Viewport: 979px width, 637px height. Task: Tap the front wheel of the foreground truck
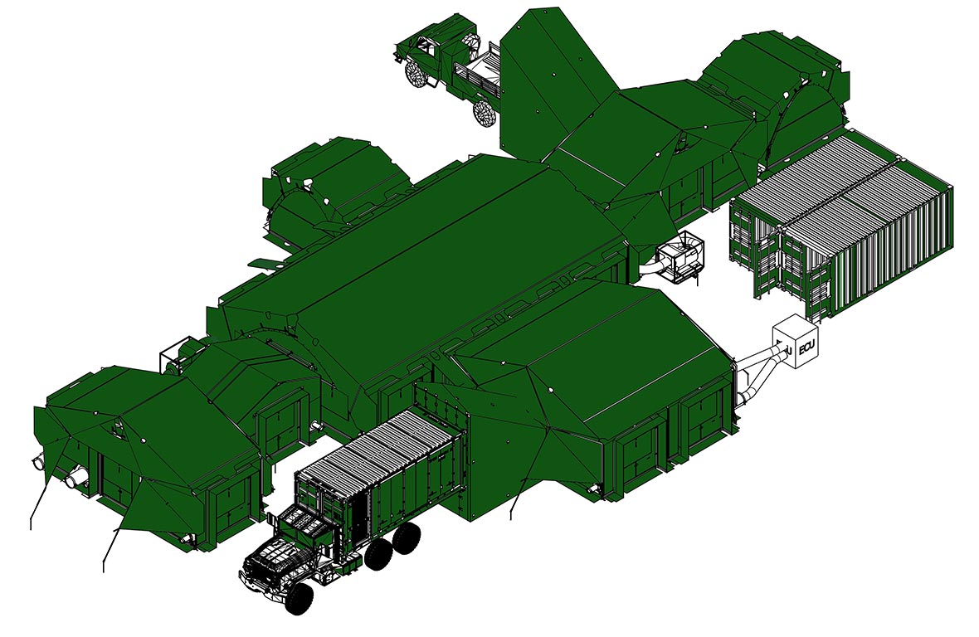point(299,599)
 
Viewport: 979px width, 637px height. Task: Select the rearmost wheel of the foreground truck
point(407,538)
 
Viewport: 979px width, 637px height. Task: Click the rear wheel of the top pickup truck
point(484,113)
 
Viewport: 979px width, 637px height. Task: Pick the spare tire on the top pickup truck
point(470,42)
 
